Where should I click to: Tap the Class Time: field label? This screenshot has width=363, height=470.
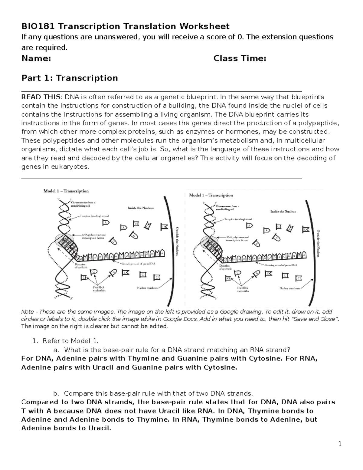click(240, 58)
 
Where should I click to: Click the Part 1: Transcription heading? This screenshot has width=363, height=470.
click(70, 78)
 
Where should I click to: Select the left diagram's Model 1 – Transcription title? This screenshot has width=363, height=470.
click(66, 191)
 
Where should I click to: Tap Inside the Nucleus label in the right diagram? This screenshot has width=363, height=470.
click(283, 212)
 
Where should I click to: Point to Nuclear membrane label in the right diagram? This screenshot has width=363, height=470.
click(290, 288)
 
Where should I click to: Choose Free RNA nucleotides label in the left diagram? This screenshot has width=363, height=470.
click(99, 289)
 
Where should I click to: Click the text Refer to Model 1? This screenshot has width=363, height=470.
click(70, 341)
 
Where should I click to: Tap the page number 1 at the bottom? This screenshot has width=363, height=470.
click(340, 444)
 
